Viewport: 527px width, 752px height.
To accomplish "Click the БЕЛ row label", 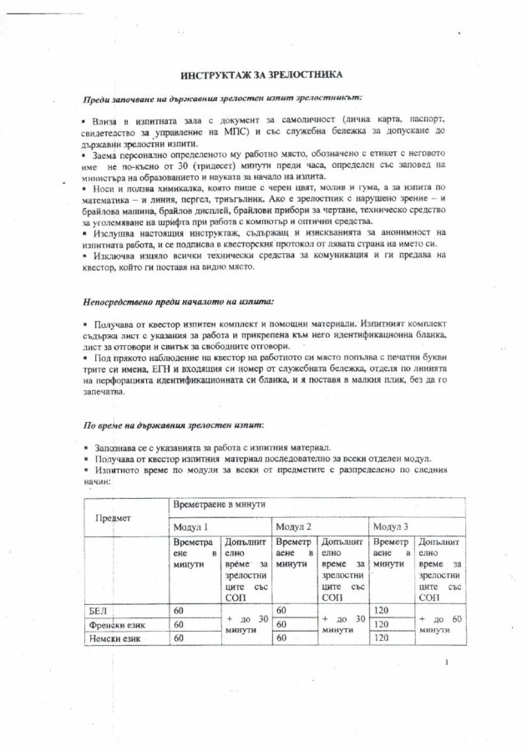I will pyautogui.click(x=99, y=610).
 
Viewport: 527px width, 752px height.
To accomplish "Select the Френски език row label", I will pyautogui.click(x=117, y=624).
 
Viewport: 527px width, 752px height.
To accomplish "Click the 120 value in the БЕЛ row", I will pyautogui.click(x=383, y=610).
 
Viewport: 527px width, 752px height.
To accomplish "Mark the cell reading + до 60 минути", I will pyautogui.click(x=447, y=624).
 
